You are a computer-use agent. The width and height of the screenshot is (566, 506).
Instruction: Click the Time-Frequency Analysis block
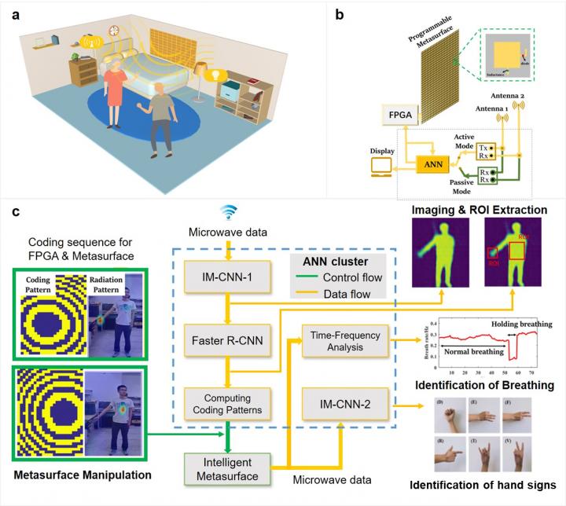click(x=344, y=340)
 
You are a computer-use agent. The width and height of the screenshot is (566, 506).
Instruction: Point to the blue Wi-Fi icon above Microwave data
click(x=227, y=213)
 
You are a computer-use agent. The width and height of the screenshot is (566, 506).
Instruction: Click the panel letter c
click(x=10, y=213)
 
